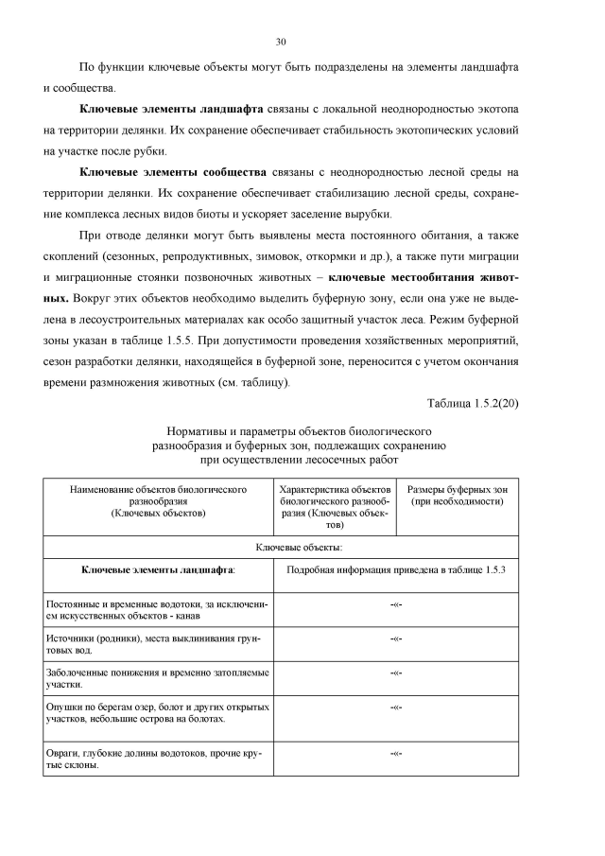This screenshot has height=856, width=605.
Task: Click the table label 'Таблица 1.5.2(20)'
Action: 472,404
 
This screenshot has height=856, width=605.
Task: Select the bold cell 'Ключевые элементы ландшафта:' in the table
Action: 158,569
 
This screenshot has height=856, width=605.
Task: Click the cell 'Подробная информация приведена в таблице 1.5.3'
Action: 397,569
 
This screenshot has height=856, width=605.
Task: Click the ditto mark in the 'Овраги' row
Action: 397,754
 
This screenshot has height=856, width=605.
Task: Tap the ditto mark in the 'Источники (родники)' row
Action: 397,639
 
